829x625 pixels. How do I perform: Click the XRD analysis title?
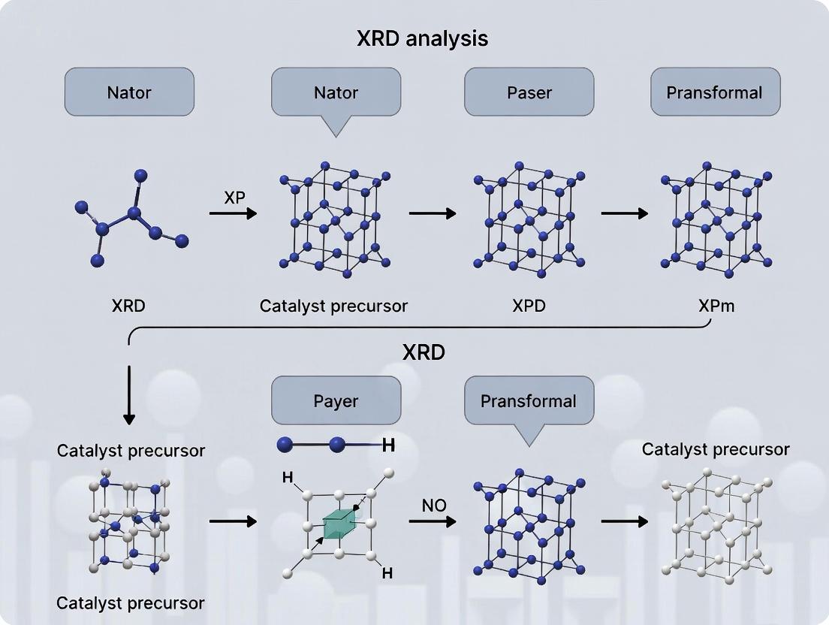pyautogui.click(x=423, y=38)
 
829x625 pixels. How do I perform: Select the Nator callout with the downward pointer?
pyautogui.click(x=335, y=93)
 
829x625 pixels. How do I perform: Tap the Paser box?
pyautogui.click(x=529, y=92)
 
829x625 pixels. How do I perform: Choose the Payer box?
pyautogui.click(x=336, y=400)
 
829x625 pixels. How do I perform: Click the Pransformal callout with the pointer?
pyautogui.click(x=529, y=400)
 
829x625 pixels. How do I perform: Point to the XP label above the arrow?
pyautogui.click(x=234, y=198)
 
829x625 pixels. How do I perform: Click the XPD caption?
pyautogui.click(x=529, y=306)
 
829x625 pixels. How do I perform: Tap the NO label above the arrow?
pyautogui.click(x=434, y=505)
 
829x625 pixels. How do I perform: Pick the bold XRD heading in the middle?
pyautogui.click(x=424, y=352)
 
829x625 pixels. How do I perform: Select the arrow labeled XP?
pyautogui.click(x=233, y=214)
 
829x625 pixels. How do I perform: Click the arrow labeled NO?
pyautogui.click(x=433, y=520)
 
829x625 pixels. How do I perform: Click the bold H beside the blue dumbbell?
pyautogui.click(x=388, y=445)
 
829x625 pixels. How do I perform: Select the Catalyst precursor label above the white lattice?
pyautogui.click(x=716, y=449)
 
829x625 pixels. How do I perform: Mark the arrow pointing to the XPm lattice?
pyautogui.click(x=624, y=213)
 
